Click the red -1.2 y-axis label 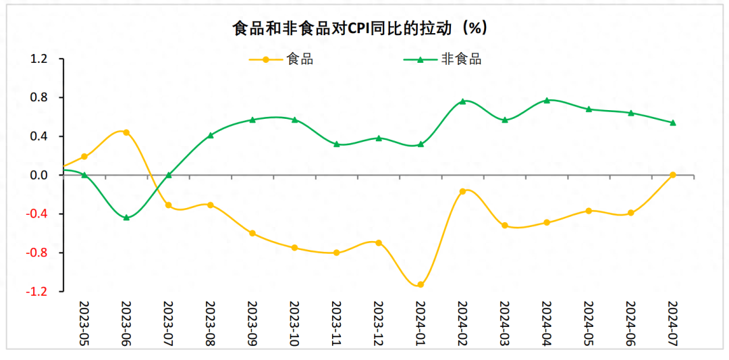(38, 292)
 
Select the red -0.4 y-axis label (38, 214)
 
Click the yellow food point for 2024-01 (421, 284)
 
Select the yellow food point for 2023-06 (126, 132)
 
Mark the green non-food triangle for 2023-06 (126, 217)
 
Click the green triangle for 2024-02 (462, 101)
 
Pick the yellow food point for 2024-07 (672, 175)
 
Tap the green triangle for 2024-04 (547, 100)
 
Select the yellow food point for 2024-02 (462, 192)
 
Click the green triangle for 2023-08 (211, 135)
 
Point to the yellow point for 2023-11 (336, 253)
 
